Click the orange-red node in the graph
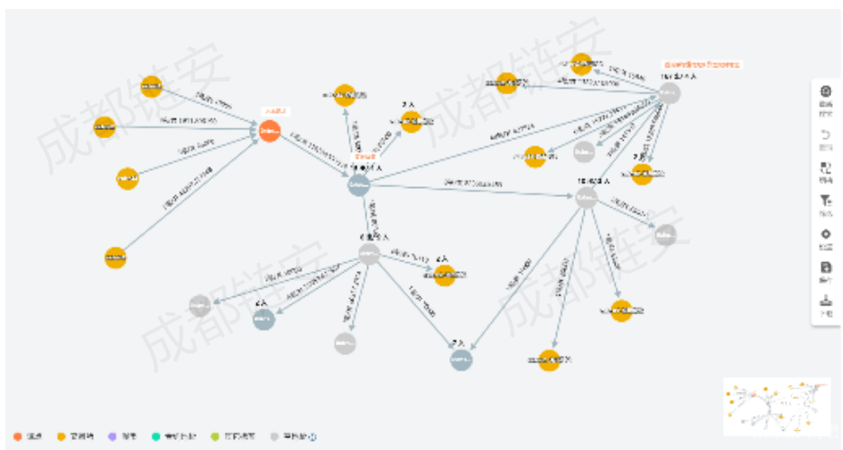point(269,131)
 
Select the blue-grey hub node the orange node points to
point(359,184)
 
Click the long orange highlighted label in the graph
point(702,65)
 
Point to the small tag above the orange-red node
point(273,111)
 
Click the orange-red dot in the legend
point(17,437)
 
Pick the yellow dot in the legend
point(61,437)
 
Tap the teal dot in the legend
point(155,437)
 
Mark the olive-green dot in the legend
point(214,437)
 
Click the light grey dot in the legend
point(275,437)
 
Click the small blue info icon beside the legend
point(312,437)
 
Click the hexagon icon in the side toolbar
point(826,91)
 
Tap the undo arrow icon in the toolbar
point(826,135)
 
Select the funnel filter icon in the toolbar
point(826,201)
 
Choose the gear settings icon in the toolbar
point(826,234)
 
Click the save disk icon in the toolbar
point(826,267)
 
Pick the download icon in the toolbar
point(826,301)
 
